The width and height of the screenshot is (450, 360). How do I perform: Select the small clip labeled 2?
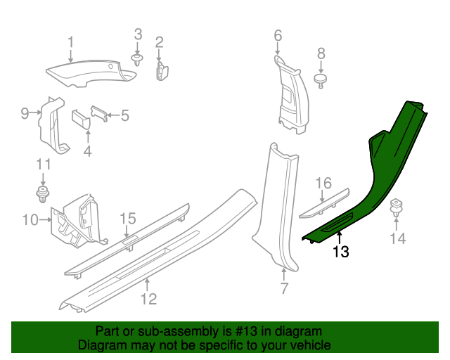coord(160,70)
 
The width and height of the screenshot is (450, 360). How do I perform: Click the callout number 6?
coord(277,35)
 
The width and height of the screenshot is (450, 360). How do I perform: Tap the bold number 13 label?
coord(340,251)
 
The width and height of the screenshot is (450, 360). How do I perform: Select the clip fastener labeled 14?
coord(396,207)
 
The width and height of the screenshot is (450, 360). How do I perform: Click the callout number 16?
coord(323,184)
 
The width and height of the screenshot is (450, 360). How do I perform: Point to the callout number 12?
coord(148,300)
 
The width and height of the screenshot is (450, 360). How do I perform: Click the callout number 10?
coord(30,221)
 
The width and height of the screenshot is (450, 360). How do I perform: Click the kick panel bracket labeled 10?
coord(76,219)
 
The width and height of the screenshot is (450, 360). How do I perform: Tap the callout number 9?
coord(25,112)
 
